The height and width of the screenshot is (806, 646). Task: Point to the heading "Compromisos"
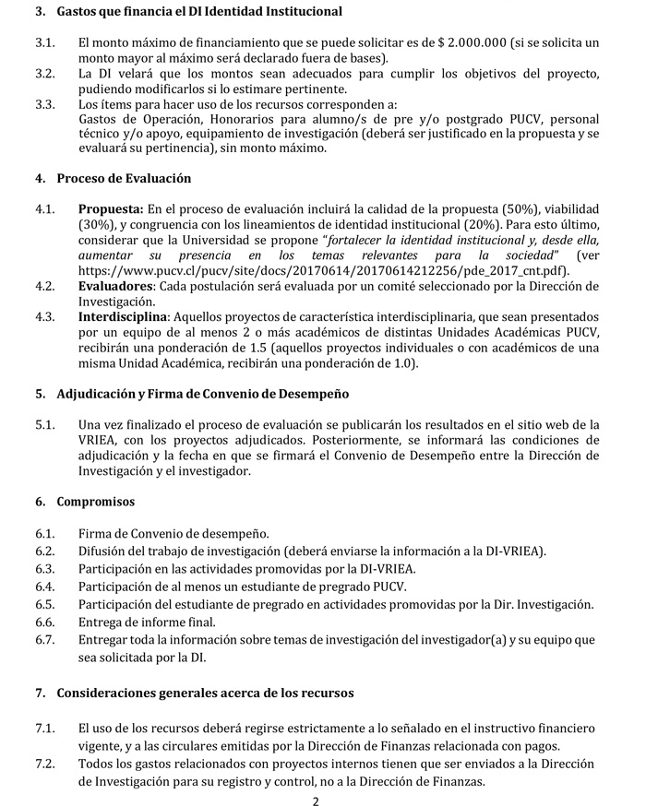pyautogui.click(x=96, y=502)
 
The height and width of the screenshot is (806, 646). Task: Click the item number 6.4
pyautogui.click(x=46, y=587)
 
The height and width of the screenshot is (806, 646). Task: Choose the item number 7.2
pyautogui.click(x=46, y=765)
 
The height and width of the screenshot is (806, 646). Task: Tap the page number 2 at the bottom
pyautogui.click(x=316, y=800)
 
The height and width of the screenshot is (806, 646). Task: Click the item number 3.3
pyautogui.click(x=46, y=105)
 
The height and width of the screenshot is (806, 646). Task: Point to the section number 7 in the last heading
pyautogui.click(x=40, y=693)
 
